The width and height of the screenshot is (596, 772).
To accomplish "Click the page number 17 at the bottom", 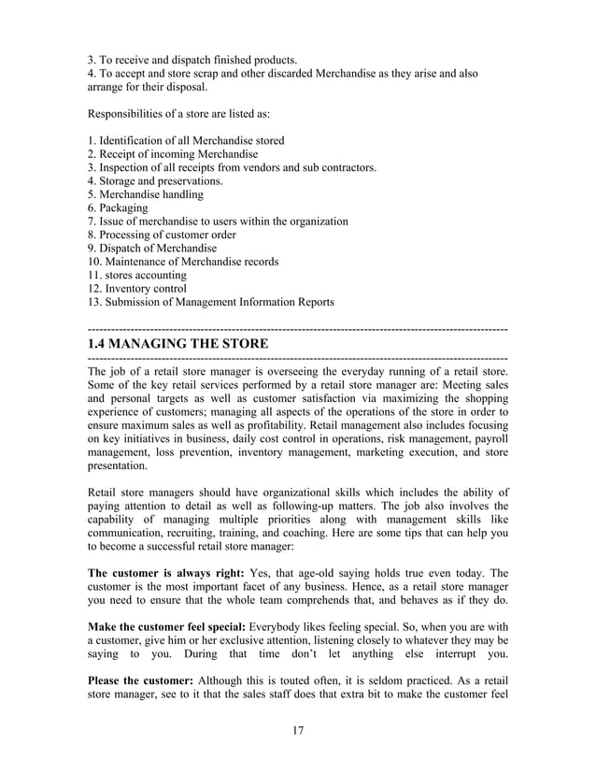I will (298, 731).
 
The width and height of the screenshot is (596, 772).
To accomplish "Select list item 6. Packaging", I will (117, 208).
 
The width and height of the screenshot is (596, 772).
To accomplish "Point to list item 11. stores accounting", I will (136, 276).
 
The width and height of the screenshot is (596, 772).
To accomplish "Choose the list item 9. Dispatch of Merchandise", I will (151, 249).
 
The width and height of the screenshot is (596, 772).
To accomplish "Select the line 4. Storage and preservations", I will (155, 181).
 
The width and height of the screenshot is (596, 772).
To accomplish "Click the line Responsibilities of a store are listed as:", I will (178, 114).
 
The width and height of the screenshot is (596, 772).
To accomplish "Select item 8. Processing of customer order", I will (162, 236).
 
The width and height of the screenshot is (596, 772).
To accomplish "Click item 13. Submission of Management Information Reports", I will (210, 303).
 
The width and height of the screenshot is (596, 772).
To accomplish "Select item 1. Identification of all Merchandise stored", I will (185, 141).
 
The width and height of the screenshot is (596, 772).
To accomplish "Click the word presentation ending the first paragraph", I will (117, 465).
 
